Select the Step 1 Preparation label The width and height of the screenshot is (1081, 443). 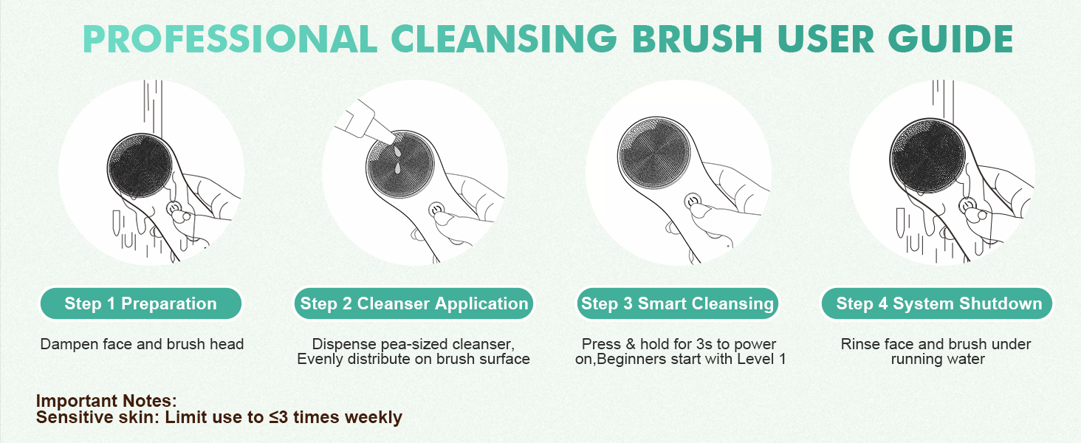coord(140,303)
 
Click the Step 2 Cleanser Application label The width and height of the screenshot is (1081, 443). coord(414,303)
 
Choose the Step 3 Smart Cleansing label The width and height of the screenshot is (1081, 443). coord(677,303)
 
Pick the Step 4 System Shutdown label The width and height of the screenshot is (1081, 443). coord(938,303)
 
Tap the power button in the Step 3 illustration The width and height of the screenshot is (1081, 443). coord(693,200)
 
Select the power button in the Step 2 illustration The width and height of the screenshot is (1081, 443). coord(438,210)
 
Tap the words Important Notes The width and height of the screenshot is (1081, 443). coord(106,401)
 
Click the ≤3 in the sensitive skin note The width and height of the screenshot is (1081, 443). coord(278,417)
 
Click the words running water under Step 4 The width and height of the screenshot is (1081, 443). coord(938,360)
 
